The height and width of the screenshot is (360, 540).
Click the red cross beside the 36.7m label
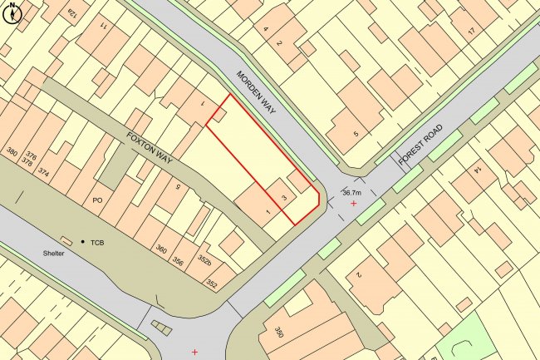(354, 203)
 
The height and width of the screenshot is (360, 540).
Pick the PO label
(97, 200)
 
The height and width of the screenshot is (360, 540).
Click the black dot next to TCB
(83, 242)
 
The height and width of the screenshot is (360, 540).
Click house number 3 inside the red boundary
(284, 198)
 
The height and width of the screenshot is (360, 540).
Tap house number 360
(161, 249)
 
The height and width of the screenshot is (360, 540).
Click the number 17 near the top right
(469, 32)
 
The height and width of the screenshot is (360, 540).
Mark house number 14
(478, 170)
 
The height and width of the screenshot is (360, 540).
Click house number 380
(12, 152)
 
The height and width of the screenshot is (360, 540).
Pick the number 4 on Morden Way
(266, 30)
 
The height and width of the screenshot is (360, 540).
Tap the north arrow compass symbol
(11, 10)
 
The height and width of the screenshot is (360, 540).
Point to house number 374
(44, 172)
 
